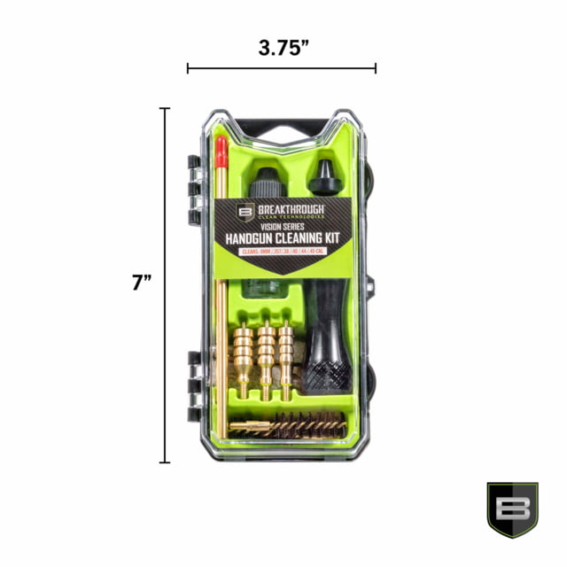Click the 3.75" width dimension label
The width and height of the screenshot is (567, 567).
[283, 45]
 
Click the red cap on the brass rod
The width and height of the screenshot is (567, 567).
[222, 152]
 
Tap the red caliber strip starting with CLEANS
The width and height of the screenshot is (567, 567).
[284, 252]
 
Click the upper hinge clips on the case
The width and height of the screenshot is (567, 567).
[193, 183]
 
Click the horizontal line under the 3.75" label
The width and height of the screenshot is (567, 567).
[282, 68]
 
